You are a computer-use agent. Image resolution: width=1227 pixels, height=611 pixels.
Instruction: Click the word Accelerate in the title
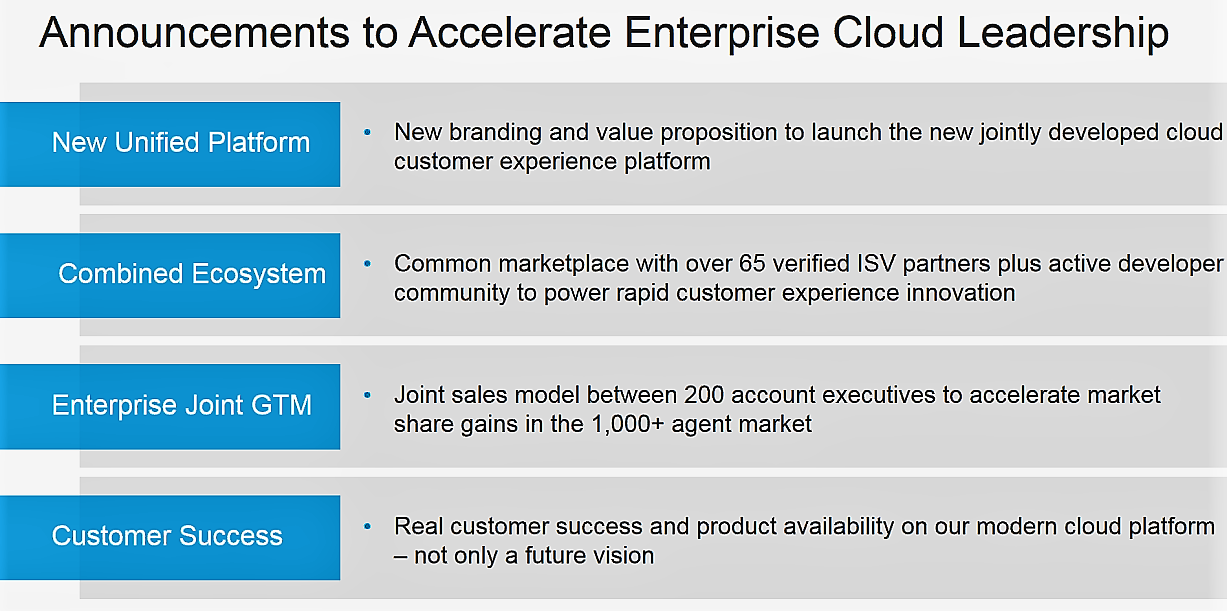[510, 34]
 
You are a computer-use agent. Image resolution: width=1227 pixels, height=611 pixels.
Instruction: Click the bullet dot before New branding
[368, 132]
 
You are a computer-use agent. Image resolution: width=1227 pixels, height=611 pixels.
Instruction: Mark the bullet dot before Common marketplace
[368, 263]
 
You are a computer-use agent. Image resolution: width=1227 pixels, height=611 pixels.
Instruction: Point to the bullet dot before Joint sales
[368, 394]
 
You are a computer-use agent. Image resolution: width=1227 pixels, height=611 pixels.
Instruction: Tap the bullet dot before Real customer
[368, 525]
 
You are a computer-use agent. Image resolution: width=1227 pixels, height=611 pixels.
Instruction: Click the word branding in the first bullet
[490, 133]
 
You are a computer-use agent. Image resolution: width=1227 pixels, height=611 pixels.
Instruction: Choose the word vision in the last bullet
[622, 555]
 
